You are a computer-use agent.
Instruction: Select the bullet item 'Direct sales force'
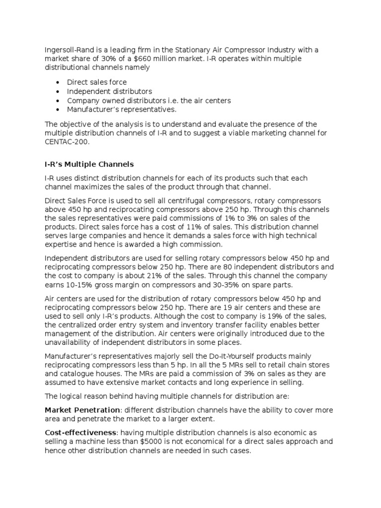pos(97,82)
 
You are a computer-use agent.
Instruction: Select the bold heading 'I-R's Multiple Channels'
pos(89,164)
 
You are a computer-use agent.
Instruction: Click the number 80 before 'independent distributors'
pos(215,267)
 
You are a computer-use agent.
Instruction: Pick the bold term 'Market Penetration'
pos(82,410)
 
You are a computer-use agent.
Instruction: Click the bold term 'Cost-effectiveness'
pos(82,432)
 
